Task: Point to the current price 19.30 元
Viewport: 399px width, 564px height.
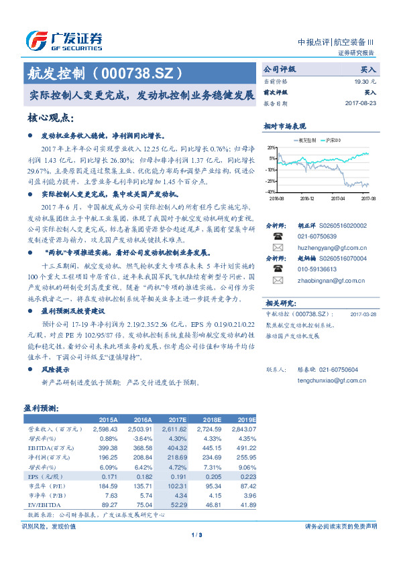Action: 363,80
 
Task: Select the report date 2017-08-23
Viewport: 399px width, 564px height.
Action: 361,104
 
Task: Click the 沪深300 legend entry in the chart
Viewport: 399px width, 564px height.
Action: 333,140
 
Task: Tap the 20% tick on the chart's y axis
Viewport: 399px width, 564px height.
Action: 271,147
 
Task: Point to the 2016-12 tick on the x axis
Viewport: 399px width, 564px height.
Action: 306,198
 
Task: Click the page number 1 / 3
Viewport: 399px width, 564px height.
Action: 196,535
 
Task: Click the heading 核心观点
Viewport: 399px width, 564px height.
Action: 50,118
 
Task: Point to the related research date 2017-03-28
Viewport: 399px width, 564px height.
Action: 363,313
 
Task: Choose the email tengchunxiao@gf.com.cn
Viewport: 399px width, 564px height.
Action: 320,380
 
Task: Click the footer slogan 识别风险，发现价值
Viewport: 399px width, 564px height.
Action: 49,526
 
